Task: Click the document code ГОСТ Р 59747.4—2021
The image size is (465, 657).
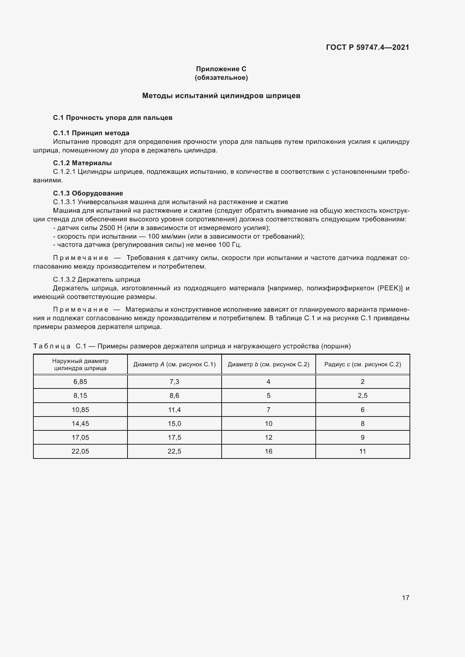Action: click(x=367, y=47)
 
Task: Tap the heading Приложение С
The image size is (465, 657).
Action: click(x=221, y=69)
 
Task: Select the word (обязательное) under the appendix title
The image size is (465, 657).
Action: click(x=221, y=78)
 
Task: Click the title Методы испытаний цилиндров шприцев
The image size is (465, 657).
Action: click(x=221, y=96)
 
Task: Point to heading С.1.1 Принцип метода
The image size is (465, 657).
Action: click(x=91, y=133)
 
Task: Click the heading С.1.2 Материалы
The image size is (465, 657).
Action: click(x=82, y=163)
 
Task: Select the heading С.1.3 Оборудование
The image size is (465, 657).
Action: click(x=88, y=193)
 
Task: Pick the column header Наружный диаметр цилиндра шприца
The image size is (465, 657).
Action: click(x=80, y=364)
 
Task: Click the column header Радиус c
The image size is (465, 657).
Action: click(x=363, y=364)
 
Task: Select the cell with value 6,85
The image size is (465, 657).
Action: click(x=80, y=382)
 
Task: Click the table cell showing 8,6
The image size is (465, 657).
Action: click(x=174, y=396)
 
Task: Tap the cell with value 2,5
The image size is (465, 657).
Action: click(x=363, y=396)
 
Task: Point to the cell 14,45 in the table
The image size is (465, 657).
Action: click(x=80, y=424)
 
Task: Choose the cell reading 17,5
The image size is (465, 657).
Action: click(x=174, y=438)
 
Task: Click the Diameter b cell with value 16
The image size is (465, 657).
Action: click(x=268, y=451)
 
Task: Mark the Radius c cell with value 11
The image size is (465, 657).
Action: click(x=363, y=451)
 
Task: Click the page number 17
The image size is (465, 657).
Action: click(x=405, y=598)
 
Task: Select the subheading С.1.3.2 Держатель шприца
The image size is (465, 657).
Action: click(x=97, y=279)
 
